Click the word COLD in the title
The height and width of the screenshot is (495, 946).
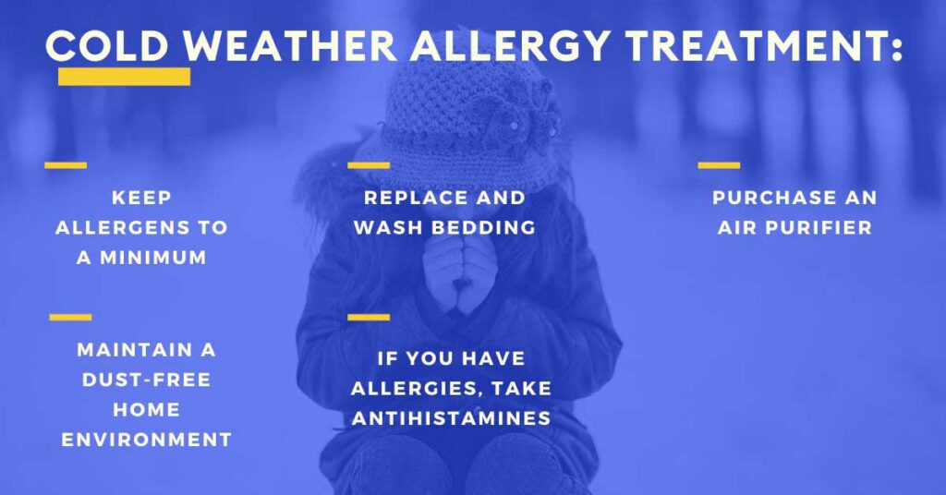tap(107, 45)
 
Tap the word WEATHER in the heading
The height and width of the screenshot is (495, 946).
tap(290, 45)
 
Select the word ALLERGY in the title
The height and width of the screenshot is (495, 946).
tap(510, 45)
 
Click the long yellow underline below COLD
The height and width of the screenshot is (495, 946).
tap(125, 77)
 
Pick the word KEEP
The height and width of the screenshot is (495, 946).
tap(141, 198)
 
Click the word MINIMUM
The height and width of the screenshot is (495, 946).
tap(153, 258)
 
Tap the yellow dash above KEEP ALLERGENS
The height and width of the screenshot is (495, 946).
tap(66, 165)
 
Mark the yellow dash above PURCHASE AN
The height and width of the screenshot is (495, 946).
tap(719, 165)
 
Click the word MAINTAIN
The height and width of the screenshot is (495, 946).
tap(135, 350)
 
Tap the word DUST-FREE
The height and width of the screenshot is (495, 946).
tap(147, 380)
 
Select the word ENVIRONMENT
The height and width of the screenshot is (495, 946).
tap(147, 440)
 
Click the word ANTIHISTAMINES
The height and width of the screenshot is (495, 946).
tap(451, 418)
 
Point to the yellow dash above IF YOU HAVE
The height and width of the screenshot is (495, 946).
tap(369, 317)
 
